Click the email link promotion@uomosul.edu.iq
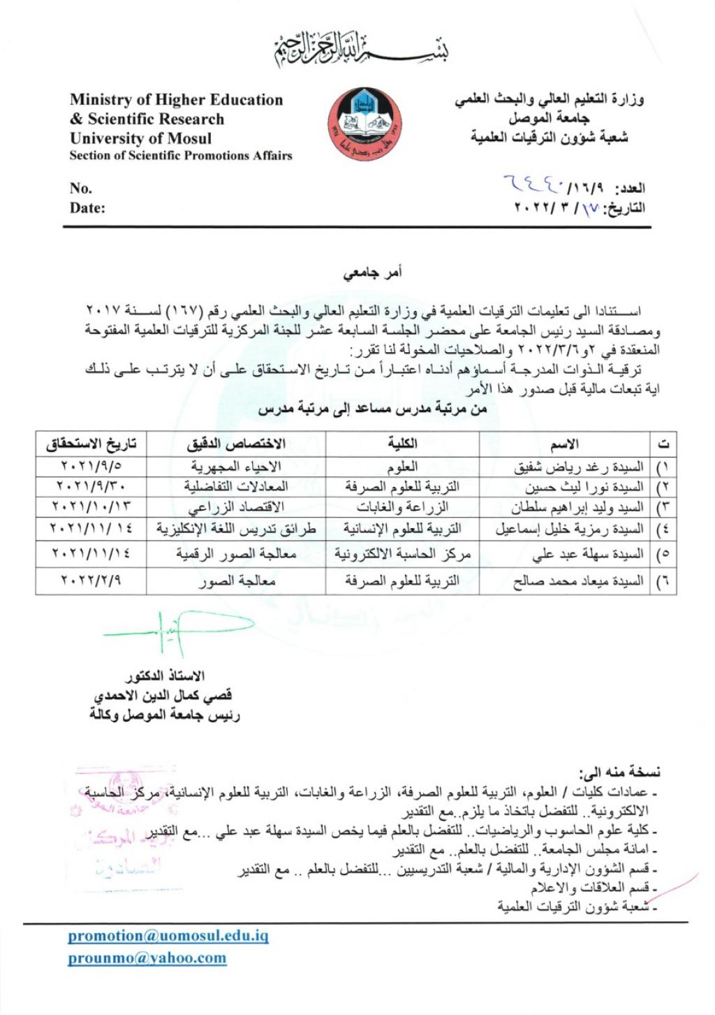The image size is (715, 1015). tap(168, 935)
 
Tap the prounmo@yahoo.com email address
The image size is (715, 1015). tap(147, 958)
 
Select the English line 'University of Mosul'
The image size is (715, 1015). tap(140, 138)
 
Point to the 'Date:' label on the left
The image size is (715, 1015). tap(87, 207)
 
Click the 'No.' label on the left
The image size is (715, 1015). tap(81, 188)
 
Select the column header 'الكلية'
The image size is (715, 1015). tap(402, 444)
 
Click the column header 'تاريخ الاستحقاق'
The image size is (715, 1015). tap(91, 444)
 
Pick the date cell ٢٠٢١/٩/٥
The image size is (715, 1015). tap(91, 466)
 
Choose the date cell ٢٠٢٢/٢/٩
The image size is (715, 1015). tap(91, 580)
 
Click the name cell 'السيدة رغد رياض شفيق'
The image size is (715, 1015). tap(579, 467)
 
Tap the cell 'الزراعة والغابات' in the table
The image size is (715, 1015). tap(402, 507)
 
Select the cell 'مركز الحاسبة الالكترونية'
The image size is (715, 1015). tap(402, 554)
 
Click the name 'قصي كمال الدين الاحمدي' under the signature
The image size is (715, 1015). tap(163, 696)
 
